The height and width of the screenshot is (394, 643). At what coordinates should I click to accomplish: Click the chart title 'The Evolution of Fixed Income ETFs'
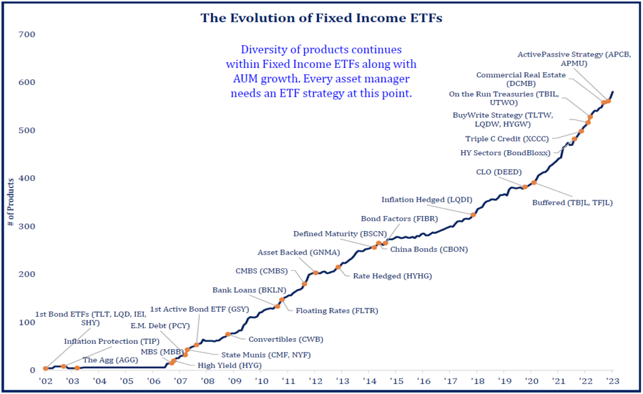coord(321,18)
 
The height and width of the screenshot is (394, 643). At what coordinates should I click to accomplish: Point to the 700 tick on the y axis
coord(26,34)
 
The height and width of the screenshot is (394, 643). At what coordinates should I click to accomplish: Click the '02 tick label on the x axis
coord(45,381)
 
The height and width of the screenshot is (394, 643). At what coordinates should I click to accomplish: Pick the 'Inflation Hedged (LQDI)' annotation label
coord(424,200)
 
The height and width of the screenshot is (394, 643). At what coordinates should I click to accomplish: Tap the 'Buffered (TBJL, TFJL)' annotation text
coord(572,202)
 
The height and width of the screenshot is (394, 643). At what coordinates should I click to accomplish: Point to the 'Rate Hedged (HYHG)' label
coord(392,276)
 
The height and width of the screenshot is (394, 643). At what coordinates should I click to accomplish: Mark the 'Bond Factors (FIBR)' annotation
coord(399,219)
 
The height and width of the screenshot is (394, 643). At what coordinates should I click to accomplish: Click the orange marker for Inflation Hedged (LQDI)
coord(473,216)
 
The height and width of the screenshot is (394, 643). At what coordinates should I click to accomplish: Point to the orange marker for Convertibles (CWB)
coord(227,334)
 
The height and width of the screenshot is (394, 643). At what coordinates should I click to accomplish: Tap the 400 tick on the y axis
coord(26,178)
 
